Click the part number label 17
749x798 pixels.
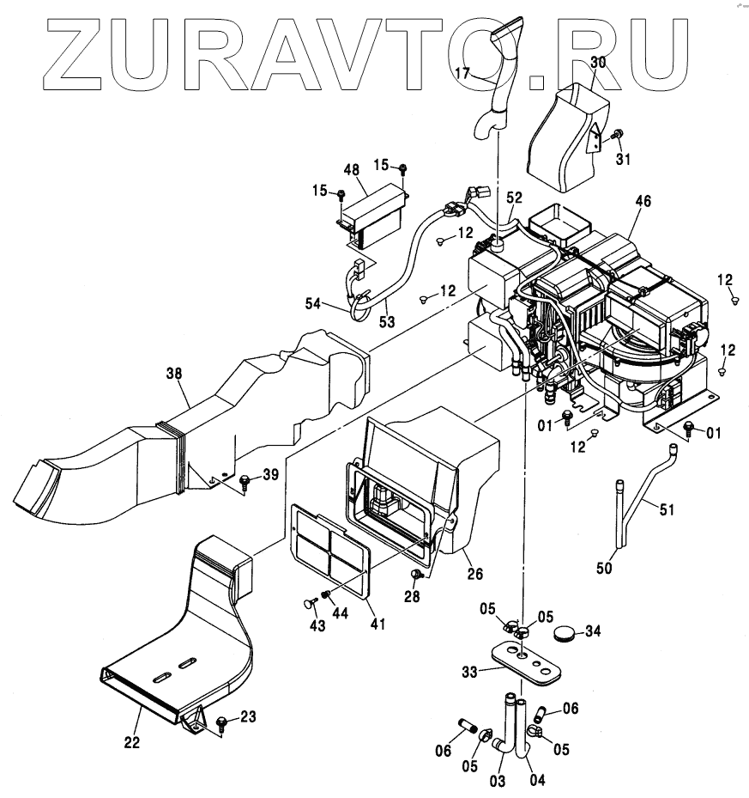point(462,74)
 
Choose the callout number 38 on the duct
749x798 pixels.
point(176,374)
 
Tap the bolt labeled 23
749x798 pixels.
point(221,722)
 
